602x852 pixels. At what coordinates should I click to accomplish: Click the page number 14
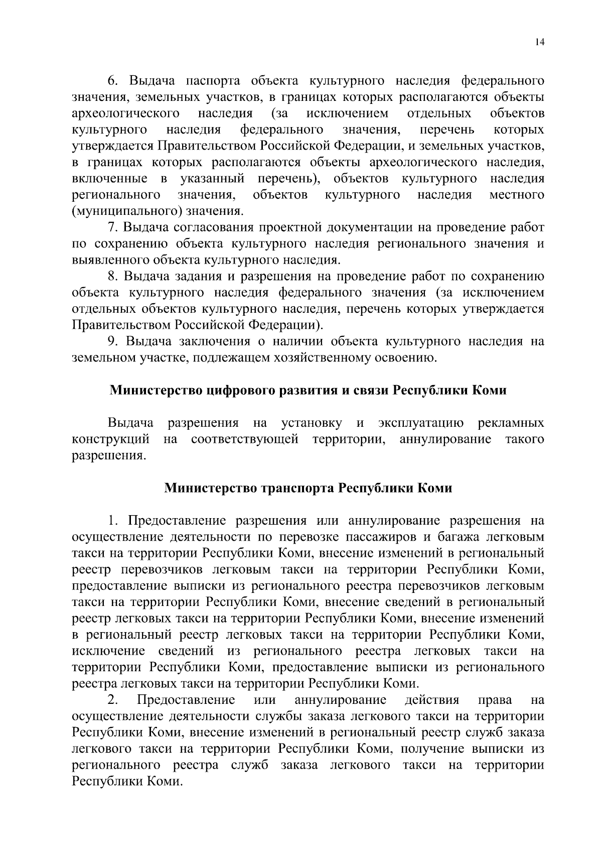click(539, 42)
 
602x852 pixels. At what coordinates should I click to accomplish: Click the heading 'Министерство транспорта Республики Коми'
click(309, 488)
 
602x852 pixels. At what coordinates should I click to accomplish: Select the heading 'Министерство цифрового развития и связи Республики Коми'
click(308, 390)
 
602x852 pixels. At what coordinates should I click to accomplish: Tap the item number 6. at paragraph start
click(112, 81)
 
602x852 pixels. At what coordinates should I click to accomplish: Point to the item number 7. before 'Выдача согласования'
click(112, 227)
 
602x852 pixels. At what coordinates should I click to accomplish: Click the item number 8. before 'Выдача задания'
click(112, 277)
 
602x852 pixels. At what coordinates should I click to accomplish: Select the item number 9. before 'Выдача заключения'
click(113, 341)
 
